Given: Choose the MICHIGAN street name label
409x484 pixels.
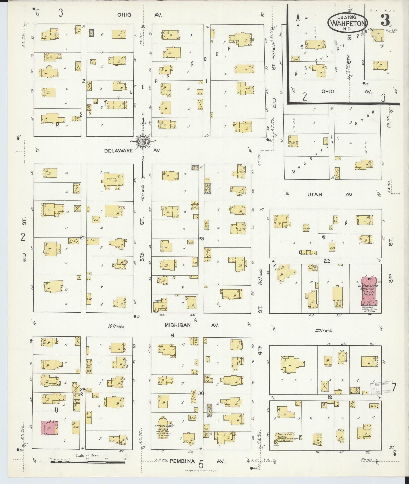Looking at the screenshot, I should (178, 325).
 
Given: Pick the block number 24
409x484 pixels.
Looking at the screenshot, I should (83, 237).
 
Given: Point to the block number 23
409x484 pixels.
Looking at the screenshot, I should (201, 239).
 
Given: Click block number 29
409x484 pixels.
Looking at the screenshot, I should (83, 389).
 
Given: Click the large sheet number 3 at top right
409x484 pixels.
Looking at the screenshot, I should (385, 21).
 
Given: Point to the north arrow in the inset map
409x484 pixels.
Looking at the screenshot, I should (298, 21).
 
